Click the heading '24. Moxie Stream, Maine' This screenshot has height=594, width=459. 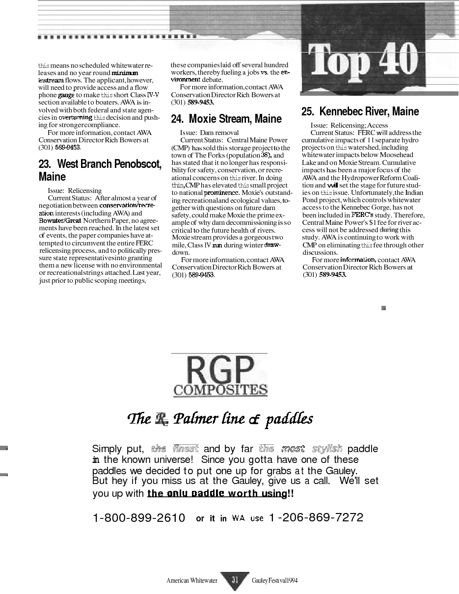(226, 119)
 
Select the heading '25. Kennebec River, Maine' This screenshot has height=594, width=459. (360, 111)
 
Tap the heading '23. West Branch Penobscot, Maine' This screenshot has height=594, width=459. (100, 170)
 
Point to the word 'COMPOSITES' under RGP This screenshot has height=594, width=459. (220, 390)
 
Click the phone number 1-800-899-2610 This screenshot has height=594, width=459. (139, 518)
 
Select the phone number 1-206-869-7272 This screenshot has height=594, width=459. (316, 517)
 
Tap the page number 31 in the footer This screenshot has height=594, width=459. (235, 580)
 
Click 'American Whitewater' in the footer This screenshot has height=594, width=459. (191, 581)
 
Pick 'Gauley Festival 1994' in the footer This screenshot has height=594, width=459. (274, 581)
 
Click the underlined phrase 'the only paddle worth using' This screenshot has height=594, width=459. (216, 493)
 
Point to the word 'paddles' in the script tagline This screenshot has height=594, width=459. (289, 419)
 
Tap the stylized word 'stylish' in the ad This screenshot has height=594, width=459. (327, 449)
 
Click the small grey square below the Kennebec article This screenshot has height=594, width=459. (384, 308)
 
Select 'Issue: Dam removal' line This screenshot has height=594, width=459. (209, 133)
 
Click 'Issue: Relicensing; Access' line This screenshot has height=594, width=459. (349, 125)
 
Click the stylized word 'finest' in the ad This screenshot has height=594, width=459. (185, 449)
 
